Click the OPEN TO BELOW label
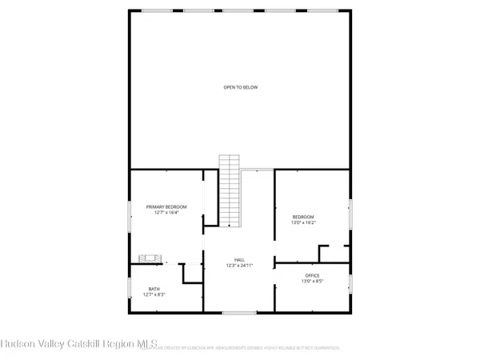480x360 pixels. click(240, 87)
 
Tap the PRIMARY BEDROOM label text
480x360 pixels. click(166, 206)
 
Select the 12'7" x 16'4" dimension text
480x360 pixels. click(166, 213)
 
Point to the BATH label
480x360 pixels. click(154, 289)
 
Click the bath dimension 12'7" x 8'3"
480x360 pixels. click(154, 295)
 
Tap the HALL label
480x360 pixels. click(239, 259)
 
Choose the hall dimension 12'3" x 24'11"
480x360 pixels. click(239, 266)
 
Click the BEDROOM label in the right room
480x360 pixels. click(303, 217)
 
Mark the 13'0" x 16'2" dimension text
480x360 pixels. click(303, 223)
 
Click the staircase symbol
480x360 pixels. click(230, 192)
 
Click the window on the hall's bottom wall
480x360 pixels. click(234, 311)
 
